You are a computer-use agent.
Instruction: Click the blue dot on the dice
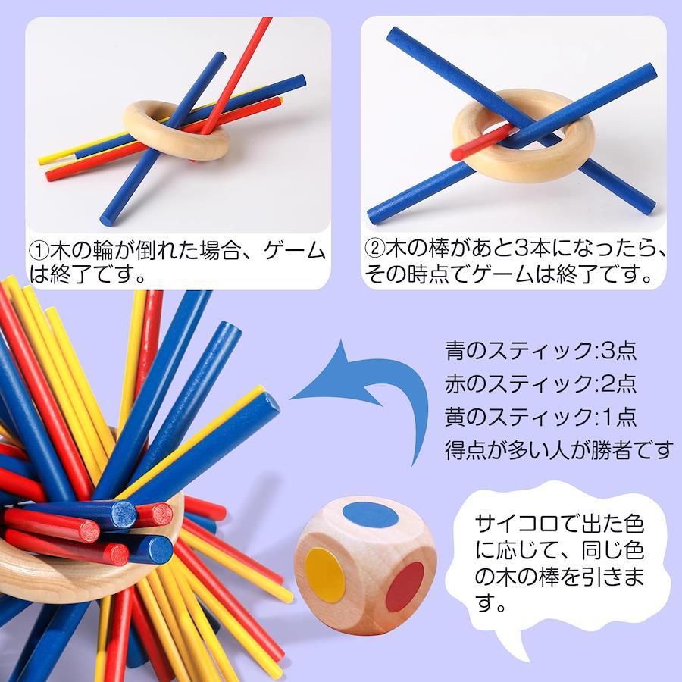(370, 514)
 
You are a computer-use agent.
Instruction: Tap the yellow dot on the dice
(325, 575)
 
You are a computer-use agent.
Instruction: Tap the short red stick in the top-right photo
(480, 142)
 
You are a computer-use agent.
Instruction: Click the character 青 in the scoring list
(455, 351)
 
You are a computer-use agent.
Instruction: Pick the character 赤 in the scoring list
(455, 383)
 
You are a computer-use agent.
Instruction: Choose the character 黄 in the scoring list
(455, 417)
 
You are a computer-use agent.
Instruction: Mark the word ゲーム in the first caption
(296, 251)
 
